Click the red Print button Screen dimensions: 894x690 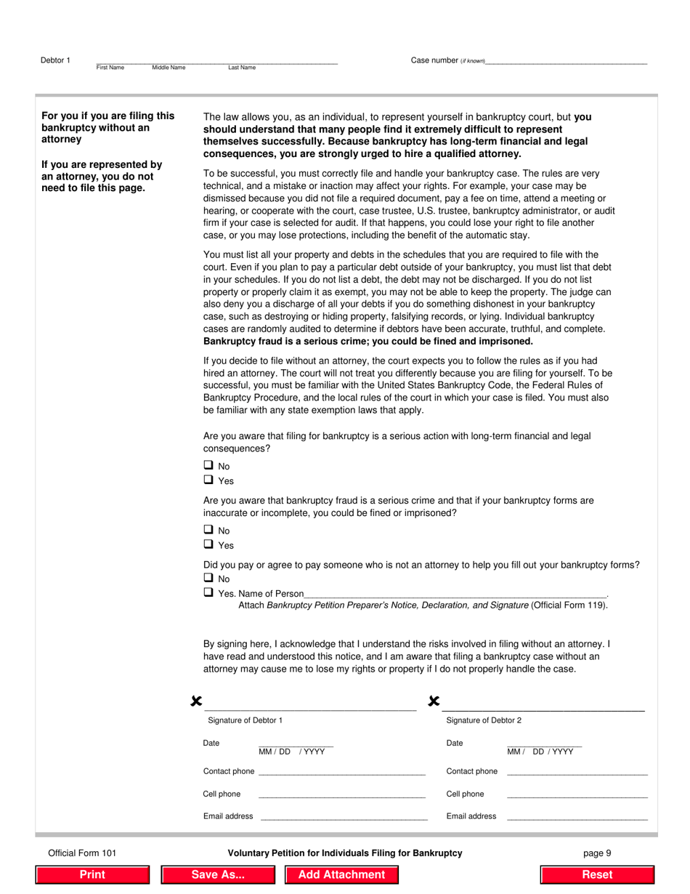pyautogui.click(x=92, y=874)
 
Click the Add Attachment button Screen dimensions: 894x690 pyautogui.click(x=341, y=874)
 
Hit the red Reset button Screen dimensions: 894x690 pyautogui.click(x=597, y=874)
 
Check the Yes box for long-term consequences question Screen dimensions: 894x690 pyautogui.click(x=208, y=480)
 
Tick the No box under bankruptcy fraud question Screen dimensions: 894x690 pyautogui.click(x=208, y=530)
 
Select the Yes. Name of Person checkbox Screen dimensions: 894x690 pyautogui.click(x=208, y=592)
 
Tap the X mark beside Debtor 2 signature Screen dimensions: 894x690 pyautogui.click(x=434, y=701)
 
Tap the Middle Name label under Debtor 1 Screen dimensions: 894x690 pyautogui.click(x=169, y=68)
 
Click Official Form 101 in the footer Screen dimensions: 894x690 pyautogui.click(x=82, y=853)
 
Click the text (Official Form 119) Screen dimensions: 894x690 pyautogui.click(x=569, y=605)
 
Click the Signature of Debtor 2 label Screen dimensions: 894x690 pyautogui.click(x=483, y=720)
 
